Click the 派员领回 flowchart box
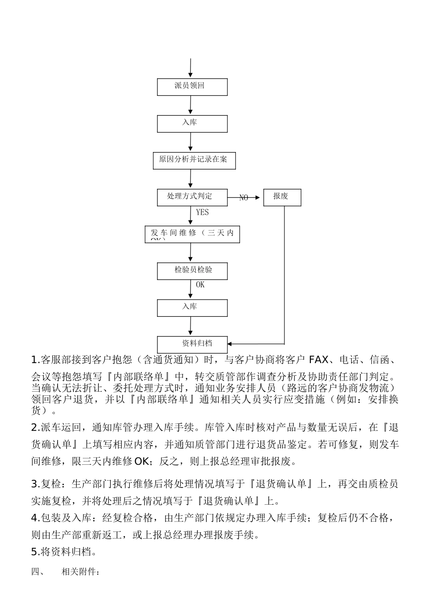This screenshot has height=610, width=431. click(x=192, y=87)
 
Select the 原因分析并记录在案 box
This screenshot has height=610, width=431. click(x=194, y=160)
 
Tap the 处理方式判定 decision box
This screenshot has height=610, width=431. click(x=192, y=197)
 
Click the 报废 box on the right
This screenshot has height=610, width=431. click(x=282, y=197)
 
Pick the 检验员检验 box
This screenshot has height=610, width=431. click(x=192, y=271)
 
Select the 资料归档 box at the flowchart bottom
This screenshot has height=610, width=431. click(x=192, y=344)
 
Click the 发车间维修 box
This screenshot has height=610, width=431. click(x=192, y=234)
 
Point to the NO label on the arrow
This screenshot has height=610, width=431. click(x=244, y=198)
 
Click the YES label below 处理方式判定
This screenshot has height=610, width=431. click(x=202, y=212)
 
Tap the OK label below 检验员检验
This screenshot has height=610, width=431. click(x=200, y=285)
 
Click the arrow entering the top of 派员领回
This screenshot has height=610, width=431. click(x=191, y=68)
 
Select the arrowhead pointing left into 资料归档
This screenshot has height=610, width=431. click(x=230, y=344)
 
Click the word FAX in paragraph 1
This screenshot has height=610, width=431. click(x=318, y=360)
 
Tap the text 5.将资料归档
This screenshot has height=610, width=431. click(x=64, y=552)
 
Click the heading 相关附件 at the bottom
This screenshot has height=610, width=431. click(x=80, y=572)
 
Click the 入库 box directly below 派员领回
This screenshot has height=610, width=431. click(x=192, y=123)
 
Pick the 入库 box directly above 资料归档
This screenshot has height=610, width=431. click(x=192, y=308)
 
